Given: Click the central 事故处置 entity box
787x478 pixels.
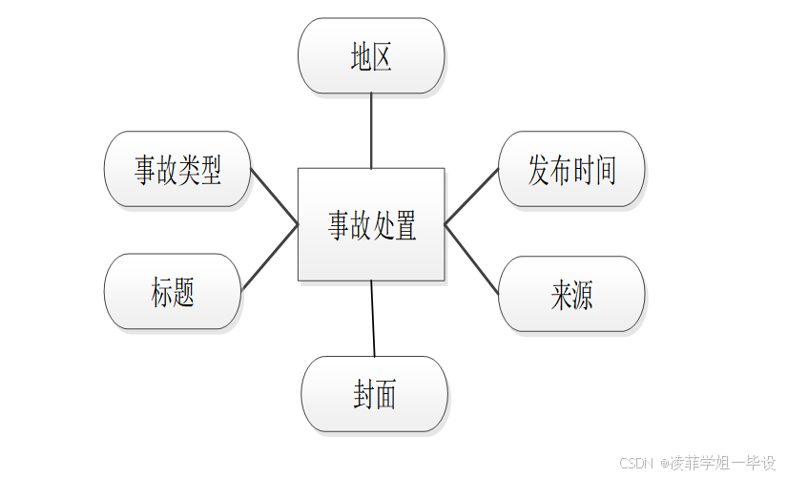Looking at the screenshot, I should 371,224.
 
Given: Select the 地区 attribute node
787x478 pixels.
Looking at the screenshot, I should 371,56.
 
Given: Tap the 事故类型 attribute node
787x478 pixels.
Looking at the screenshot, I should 177,169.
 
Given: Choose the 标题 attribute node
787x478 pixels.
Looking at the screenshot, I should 173,291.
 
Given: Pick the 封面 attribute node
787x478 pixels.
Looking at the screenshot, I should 374,394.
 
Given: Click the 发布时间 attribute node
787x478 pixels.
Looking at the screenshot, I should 571,169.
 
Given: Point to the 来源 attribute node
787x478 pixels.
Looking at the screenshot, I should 571,294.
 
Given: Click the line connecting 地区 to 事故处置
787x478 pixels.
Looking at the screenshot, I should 371,131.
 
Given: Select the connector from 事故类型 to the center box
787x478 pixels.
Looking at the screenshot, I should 275,197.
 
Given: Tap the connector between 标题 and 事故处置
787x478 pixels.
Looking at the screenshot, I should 270,257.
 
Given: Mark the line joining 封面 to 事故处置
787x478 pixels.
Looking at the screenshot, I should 373,319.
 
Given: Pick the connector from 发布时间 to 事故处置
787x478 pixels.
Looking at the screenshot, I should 472,197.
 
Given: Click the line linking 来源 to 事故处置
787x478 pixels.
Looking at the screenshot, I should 472,259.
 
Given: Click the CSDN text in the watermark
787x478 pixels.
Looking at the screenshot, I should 635,463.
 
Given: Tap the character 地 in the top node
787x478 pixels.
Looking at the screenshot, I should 361,57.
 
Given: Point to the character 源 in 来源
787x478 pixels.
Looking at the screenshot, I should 582,295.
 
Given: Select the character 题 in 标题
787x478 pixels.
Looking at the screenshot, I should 184,292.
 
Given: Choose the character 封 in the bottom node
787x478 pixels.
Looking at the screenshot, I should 362,395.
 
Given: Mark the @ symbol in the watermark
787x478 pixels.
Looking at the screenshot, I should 664,463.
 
